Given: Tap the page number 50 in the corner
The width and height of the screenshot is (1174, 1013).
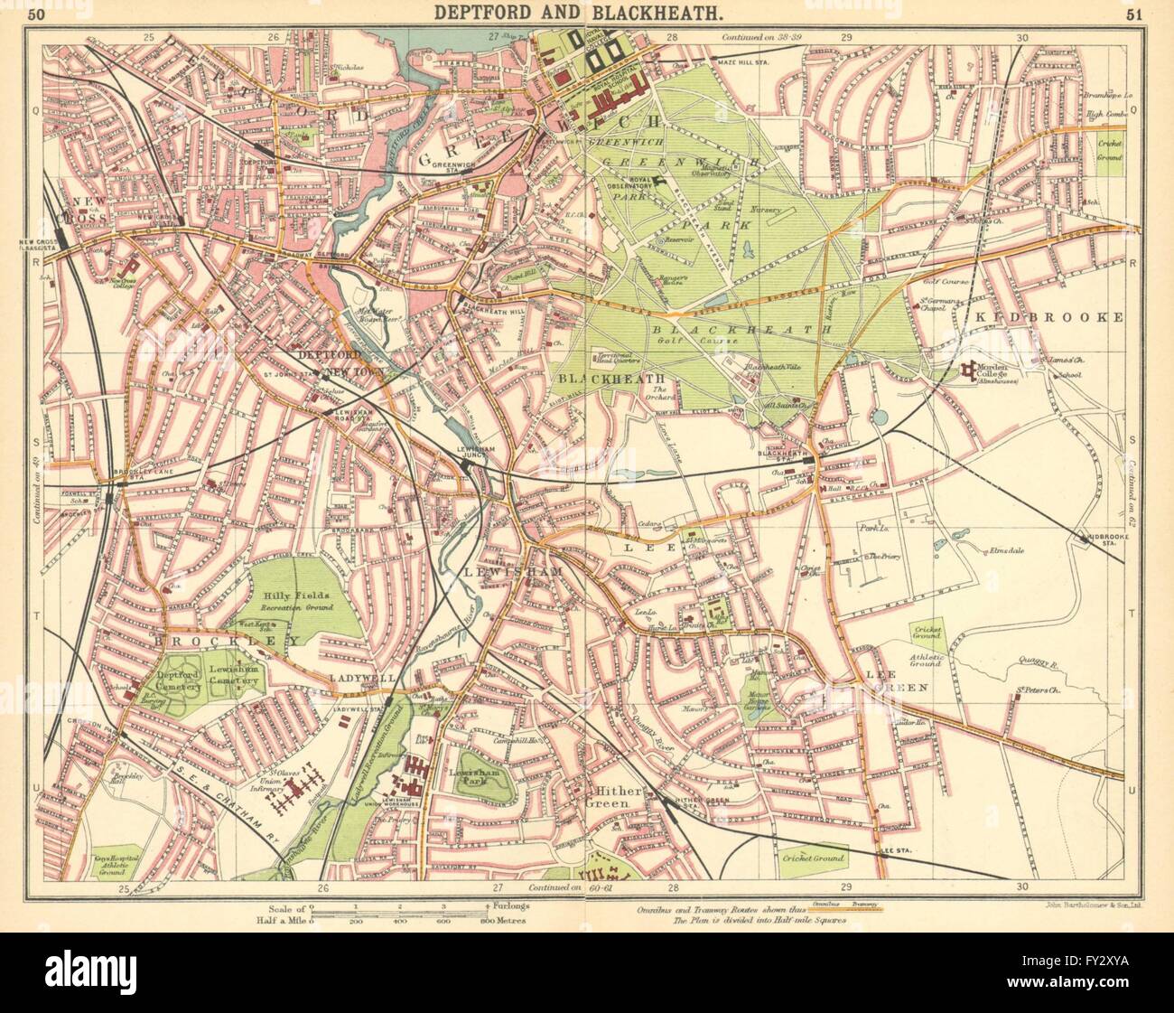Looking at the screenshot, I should [33, 13].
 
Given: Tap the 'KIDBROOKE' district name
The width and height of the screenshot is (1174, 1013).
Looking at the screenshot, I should [1072, 317].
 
